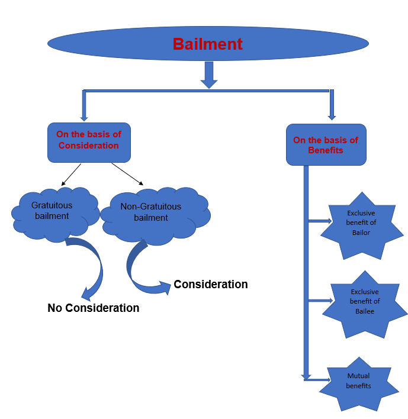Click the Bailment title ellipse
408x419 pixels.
click(208, 44)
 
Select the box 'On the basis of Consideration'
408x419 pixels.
click(88, 142)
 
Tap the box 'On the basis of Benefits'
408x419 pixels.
click(326, 145)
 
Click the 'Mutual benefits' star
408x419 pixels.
click(358, 382)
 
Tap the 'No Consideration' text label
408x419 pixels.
click(94, 308)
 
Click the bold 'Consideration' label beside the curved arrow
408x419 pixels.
click(211, 285)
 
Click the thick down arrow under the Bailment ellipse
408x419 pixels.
click(208, 75)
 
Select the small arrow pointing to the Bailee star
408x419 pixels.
click(320, 301)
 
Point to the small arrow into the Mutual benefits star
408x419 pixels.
click(318, 379)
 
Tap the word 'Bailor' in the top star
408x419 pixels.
click(361, 233)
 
